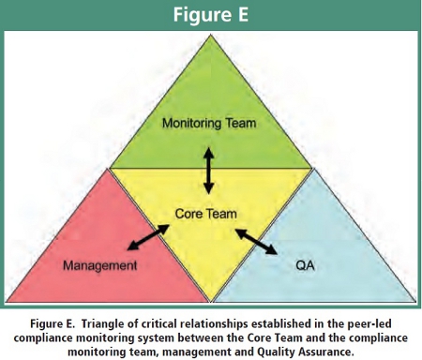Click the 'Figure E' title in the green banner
(x=211, y=14)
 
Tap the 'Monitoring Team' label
(x=209, y=123)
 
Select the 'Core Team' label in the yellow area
(x=205, y=214)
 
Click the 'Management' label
(x=100, y=265)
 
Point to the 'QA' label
(x=305, y=265)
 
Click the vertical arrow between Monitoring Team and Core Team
(x=208, y=171)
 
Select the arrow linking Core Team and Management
(x=148, y=237)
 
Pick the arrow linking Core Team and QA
(x=256, y=242)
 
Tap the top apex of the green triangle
(x=211, y=35)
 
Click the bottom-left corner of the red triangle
(x=7, y=302)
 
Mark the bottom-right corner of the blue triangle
(x=415, y=302)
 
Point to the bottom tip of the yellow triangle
(x=211, y=302)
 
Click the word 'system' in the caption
(x=150, y=338)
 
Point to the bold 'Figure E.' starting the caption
(x=53, y=323)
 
